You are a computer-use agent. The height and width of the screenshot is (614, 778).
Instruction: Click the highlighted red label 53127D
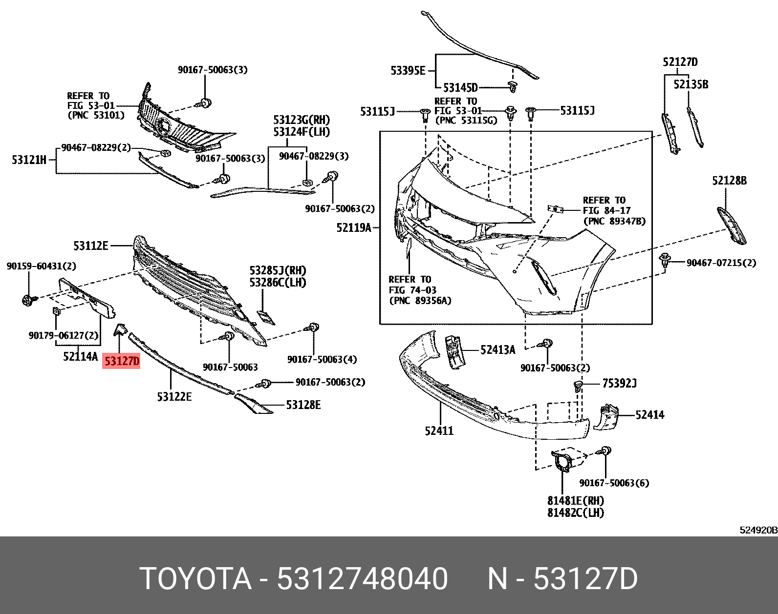tap(121, 361)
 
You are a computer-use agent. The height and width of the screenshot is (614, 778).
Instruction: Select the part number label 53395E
tap(408, 71)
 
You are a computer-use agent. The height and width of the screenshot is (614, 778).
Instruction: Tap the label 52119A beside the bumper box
tap(353, 227)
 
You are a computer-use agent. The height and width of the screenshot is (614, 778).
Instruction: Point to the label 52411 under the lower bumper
tap(439, 430)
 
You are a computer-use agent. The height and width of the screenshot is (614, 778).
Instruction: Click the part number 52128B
tap(729, 181)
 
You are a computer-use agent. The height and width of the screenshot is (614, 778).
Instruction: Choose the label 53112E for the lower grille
tap(90, 246)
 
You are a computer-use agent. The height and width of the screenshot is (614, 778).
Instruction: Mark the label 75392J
tap(619, 383)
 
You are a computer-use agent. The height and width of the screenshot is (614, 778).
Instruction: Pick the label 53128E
tap(303, 405)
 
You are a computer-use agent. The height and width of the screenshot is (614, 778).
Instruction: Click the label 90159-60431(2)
tap(41, 266)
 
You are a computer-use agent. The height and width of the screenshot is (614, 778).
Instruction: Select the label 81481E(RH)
tap(575, 501)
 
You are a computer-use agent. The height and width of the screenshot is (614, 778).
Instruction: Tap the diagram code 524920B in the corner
tap(758, 530)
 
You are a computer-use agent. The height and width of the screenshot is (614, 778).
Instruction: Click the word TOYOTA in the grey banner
tap(195, 579)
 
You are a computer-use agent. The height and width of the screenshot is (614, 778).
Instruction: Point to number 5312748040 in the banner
tap(362, 579)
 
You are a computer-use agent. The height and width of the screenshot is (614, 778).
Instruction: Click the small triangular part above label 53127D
tap(120, 330)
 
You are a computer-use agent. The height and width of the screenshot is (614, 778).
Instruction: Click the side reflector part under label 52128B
tap(732, 225)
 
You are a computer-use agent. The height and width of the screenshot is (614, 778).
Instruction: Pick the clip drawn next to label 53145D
tap(512, 87)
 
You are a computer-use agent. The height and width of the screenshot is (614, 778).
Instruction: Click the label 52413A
tap(497, 349)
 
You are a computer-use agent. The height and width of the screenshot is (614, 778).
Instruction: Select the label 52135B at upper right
tap(691, 84)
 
